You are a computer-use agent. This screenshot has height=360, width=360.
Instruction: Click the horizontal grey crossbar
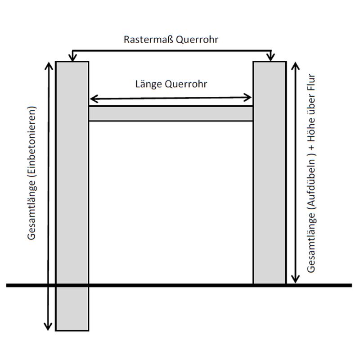click(x=171, y=113)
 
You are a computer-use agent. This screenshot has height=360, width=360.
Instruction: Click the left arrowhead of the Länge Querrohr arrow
click(x=93, y=98)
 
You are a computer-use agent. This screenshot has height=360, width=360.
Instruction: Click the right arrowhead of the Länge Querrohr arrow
click(x=248, y=98)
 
